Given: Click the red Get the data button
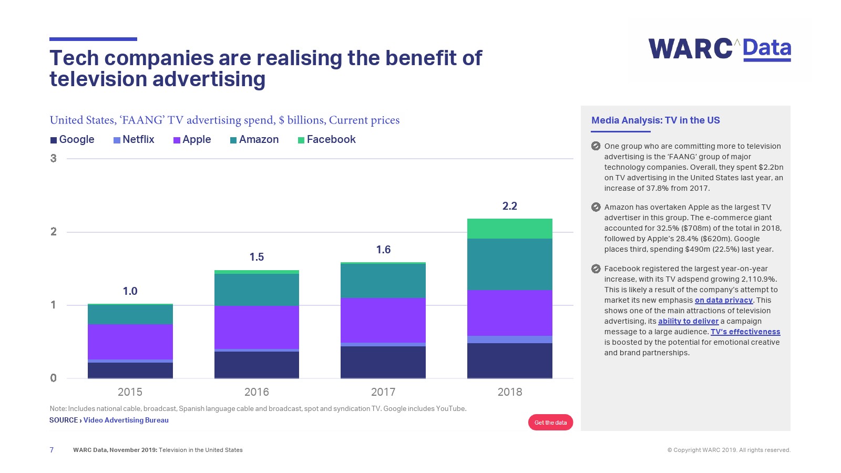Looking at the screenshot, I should [550, 423].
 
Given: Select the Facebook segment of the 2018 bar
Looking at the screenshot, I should [509, 229].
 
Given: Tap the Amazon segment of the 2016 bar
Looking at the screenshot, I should [257, 290].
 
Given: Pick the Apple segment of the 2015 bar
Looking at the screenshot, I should [130, 342].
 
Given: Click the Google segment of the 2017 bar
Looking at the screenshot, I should [383, 362].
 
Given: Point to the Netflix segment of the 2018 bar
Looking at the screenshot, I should [509, 340].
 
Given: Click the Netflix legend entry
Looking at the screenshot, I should [134, 140].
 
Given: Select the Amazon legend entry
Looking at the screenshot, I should [254, 140].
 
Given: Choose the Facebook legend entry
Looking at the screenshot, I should [327, 140].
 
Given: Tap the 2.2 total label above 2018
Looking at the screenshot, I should [509, 206].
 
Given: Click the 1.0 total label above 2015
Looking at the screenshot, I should [130, 291].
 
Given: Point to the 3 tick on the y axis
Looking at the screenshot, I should [53, 158].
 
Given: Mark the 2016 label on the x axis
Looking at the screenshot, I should [257, 392].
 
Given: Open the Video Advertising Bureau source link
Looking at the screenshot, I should [126, 420].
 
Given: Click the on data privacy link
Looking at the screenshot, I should [724, 300].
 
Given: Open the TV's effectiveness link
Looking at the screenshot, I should [745, 332].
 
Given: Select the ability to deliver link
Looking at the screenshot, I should [688, 321].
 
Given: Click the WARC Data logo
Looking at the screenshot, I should [720, 49].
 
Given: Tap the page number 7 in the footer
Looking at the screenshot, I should [52, 450].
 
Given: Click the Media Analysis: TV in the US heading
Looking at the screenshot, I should [655, 120].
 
